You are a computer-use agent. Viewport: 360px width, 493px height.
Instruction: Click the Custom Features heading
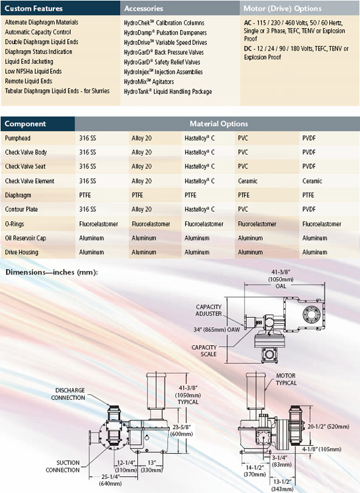(34, 9)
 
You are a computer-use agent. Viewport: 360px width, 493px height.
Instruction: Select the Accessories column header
(143, 9)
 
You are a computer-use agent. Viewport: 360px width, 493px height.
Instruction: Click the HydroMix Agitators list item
(149, 82)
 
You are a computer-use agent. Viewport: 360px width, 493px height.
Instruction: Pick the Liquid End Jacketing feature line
(29, 61)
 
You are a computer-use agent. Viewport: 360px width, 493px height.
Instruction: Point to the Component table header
(25, 123)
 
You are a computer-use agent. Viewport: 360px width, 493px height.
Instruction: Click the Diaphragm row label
(18, 195)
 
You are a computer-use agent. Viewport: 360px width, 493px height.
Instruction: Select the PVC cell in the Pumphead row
(243, 138)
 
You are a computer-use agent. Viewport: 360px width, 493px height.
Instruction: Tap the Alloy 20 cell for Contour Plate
(141, 209)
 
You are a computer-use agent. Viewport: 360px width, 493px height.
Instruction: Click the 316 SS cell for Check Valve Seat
(87, 167)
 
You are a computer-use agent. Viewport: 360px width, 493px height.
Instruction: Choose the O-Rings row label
(15, 224)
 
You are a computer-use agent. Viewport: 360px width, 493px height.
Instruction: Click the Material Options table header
(219, 123)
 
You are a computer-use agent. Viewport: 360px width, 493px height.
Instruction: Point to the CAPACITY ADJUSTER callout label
(209, 310)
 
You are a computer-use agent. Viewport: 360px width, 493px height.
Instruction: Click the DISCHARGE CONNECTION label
(68, 394)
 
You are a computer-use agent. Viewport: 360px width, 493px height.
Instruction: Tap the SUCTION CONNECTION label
(63, 466)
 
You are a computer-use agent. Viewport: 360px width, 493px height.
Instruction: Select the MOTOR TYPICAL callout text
(286, 379)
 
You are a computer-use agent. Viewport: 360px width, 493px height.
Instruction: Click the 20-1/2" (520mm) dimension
(328, 426)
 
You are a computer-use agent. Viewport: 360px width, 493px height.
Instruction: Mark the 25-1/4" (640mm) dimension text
(110, 480)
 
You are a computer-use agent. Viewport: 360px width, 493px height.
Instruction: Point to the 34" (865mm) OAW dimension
(217, 330)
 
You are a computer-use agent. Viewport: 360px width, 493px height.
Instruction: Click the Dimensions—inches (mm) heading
(51, 272)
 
